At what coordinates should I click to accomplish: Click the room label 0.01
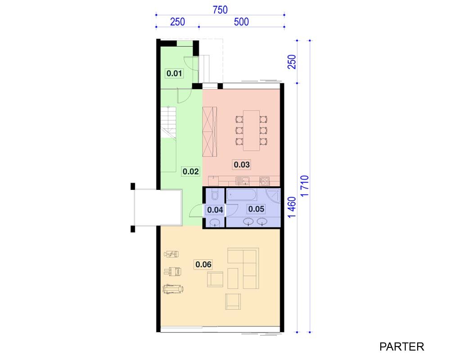pos(174,73)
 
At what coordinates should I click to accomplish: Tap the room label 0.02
pos(190,171)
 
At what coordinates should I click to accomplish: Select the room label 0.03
pos(242,165)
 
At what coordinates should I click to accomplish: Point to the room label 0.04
pos(215,210)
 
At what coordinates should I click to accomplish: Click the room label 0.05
pos(256,209)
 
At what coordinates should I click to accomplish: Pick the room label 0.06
pos(203,264)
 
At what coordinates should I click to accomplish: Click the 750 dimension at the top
pos(220,10)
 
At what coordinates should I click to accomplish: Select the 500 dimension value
pos(241,22)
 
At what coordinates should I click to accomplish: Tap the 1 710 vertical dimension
pos(305,186)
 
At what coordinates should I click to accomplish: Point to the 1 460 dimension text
pos(292,207)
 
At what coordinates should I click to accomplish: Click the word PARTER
pos(401,347)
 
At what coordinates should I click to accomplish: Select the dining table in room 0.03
pos(252,130)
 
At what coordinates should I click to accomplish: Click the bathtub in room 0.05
pos(242,195)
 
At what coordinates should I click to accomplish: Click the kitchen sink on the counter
pos(243,181)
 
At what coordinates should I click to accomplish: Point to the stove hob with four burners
pos(264,181)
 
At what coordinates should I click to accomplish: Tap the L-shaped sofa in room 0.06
pos(243,268)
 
